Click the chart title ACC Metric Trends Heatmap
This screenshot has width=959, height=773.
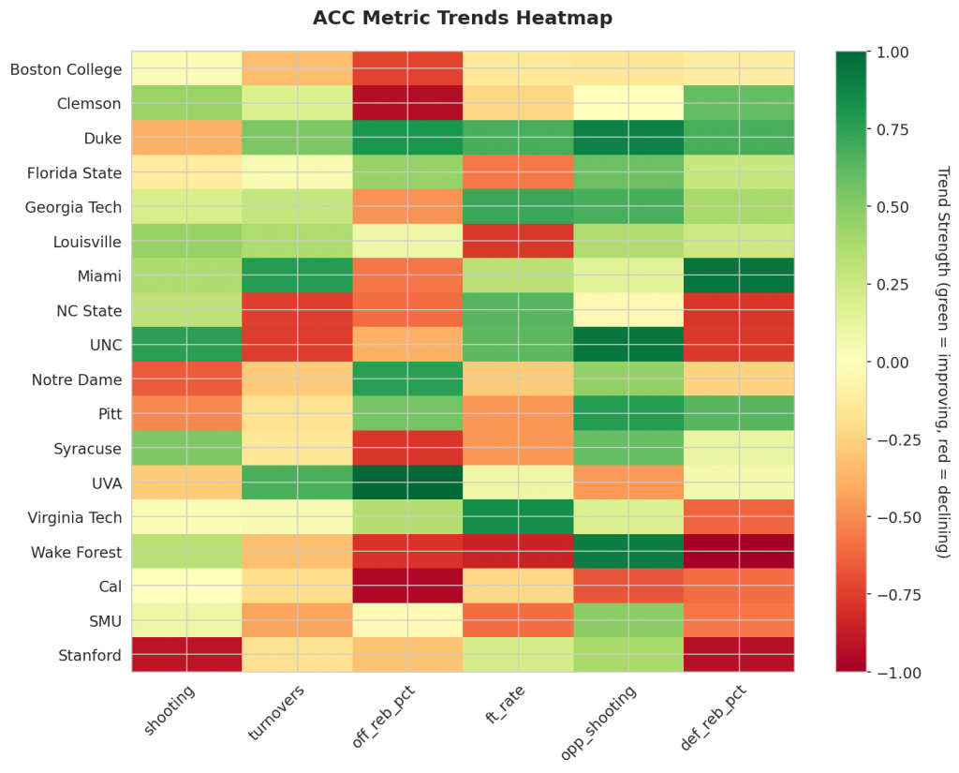[x=462, y=18]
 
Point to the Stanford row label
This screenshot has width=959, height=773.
[x=89, y=655]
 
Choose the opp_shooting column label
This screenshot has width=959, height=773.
[x=603, y=717]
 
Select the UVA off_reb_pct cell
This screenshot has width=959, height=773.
[x=407, y=483]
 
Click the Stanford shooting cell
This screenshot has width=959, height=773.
[x=186, y=655]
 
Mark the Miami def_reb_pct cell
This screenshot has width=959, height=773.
[x=739, y=275]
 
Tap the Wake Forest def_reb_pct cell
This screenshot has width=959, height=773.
[x=739, y=552]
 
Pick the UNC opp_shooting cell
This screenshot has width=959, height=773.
[x=628, y=345]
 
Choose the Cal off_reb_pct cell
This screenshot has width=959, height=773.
[x=407, y=586]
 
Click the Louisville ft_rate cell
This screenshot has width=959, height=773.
[x=518, y=241]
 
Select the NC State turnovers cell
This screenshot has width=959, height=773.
[x=297, y=310]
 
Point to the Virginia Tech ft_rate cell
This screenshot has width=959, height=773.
[x=518, y=517]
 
